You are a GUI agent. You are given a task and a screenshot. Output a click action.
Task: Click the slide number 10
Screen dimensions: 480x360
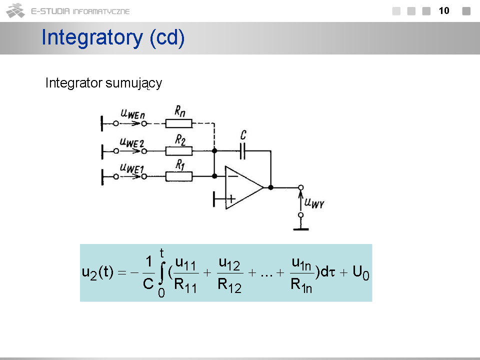click(x=444, y=10)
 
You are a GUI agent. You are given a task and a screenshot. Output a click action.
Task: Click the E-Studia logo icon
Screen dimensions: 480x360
click(x=15, y=10)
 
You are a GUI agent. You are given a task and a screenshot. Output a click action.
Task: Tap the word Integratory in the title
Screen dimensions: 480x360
click(x=92, y=37)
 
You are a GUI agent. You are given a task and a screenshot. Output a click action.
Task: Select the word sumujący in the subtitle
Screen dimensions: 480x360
click(x=134, y=83)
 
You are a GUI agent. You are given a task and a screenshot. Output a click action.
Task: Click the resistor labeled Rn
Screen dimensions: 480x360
click(x=179, y=123)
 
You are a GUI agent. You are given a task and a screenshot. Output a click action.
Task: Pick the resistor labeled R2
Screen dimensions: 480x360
click(x=179, y=151)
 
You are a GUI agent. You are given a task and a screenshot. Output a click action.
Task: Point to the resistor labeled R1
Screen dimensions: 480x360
click(x=179, y=176)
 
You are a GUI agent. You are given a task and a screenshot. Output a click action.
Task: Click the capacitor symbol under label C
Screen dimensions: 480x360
click(x=243, y=151)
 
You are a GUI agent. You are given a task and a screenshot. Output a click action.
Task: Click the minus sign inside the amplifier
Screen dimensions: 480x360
click(x=233, y=176)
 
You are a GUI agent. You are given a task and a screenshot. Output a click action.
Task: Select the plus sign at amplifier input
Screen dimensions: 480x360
click(x=231, y=199)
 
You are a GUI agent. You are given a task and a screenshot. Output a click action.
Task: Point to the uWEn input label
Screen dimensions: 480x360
click(x=133, y=114)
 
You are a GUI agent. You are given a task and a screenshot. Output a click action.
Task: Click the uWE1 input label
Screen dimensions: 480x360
click(x=132, y=168)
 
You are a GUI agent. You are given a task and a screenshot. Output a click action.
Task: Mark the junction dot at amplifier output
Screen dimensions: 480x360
click(x=270, y=187)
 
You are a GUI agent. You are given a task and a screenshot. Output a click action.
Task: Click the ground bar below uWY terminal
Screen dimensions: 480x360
click(x=301, y=229)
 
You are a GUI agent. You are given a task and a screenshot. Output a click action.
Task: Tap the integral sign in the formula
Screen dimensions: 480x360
click(x=162, y=273)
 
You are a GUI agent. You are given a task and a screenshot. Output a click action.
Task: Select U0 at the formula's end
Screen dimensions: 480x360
click(x=361, y=272)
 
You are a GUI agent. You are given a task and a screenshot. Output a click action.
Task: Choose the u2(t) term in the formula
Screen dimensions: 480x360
click(x=97, y=272)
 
